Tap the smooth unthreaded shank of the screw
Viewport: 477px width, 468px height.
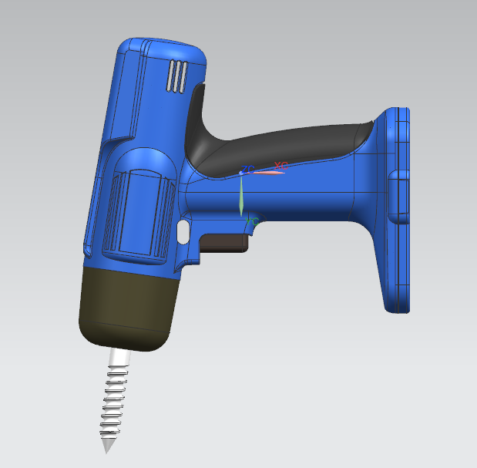coord(120,357)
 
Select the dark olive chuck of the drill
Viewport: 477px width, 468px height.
coord(127,305)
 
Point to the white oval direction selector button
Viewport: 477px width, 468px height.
coord(183,231)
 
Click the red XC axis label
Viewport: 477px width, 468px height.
coord(280,166)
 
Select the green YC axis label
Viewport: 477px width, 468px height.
coord(251,221)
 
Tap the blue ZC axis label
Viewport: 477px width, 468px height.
coord(247,169)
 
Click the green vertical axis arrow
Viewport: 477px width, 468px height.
coord(241,197)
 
